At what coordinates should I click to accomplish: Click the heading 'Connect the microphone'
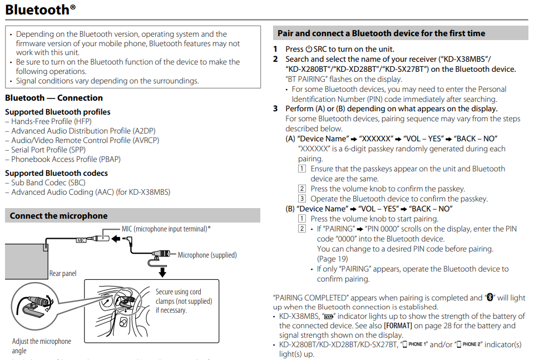click(x=58, y=216)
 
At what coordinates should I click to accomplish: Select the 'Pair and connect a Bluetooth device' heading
click(x=381, y=33)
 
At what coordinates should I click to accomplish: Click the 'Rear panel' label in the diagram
click(x=63, y=273)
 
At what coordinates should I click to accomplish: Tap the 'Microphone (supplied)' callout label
click(x=207, y=255)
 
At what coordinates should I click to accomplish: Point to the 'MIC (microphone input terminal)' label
click(x=166, y=229)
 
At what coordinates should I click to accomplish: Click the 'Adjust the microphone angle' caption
click(x=42, y=346)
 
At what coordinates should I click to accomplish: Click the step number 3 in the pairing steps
click(x=275, y=109)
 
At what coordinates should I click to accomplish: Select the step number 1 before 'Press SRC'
click(x=275, y=49)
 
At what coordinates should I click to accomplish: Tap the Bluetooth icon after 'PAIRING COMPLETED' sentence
click(x=490, y=298)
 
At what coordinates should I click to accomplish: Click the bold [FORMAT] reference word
click(x=399, y=326)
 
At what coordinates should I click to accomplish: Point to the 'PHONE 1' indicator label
click(x=415, y=344)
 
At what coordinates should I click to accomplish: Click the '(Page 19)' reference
click(x=333, y=259)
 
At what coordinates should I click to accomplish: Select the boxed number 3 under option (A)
click(x=302, y=199)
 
